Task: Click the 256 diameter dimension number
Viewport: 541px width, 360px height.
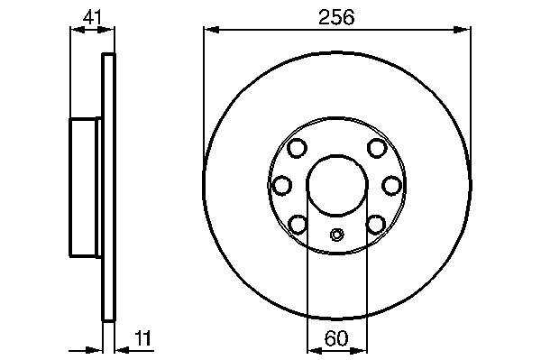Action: pyautogui.click(x=336, y=17)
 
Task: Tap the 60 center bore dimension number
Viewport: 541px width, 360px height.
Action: pyautogui.click(x=336, y=338)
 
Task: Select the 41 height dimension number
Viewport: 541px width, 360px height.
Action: pyautogui.click(x=92, y=17)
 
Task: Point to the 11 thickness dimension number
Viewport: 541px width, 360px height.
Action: pyautogui.click(x=142, y=338)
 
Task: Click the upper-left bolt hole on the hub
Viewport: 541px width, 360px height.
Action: pyautogui.click(x=297, y=148)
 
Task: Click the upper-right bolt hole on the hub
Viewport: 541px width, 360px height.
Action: pyautogui.click(x=377, y=148)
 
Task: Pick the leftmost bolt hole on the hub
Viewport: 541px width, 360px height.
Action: pyautogui.click(x=282, y=185)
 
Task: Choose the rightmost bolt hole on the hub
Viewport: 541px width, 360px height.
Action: pyautogui.click(x=392, y=185)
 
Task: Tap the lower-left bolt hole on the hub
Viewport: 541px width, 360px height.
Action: pyautogui.click(x=298, y=225)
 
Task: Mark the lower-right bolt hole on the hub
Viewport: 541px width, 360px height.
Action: pyautogui.click(x=376, y=225)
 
